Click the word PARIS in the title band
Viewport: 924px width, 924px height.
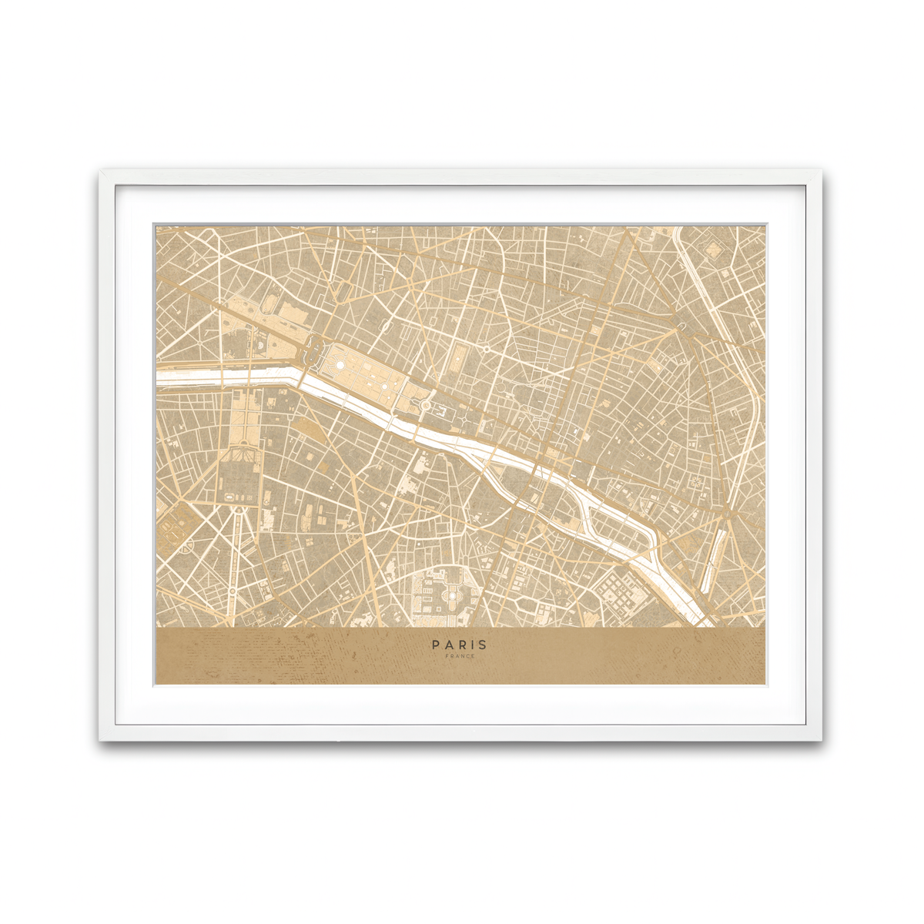[459, 644]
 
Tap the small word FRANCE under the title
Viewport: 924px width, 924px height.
[460, 656]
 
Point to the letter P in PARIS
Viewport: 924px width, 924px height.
[436, 644]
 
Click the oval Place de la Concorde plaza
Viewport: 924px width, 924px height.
[315, 353]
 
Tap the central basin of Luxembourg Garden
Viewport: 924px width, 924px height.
[446, 593]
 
